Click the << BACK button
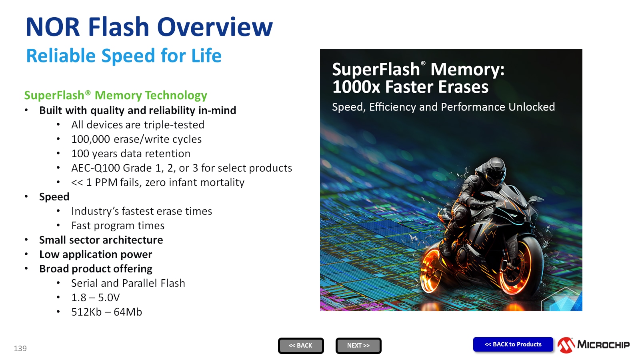point(301,346)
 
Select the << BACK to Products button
point(513,344)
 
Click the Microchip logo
point(594,345)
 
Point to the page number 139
point(20,348)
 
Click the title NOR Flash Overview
point(149,27)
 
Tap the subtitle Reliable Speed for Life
point(124,56)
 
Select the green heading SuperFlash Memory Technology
point(116,95)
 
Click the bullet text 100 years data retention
point(130,154)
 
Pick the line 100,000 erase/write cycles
point(136,139)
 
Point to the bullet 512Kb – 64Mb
point(106,312)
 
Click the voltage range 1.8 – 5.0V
point(95,298)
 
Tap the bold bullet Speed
point(54,197)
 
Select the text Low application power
point(96,254)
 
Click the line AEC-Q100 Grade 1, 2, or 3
point(181,168)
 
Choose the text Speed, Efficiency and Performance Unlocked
point(443,107)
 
